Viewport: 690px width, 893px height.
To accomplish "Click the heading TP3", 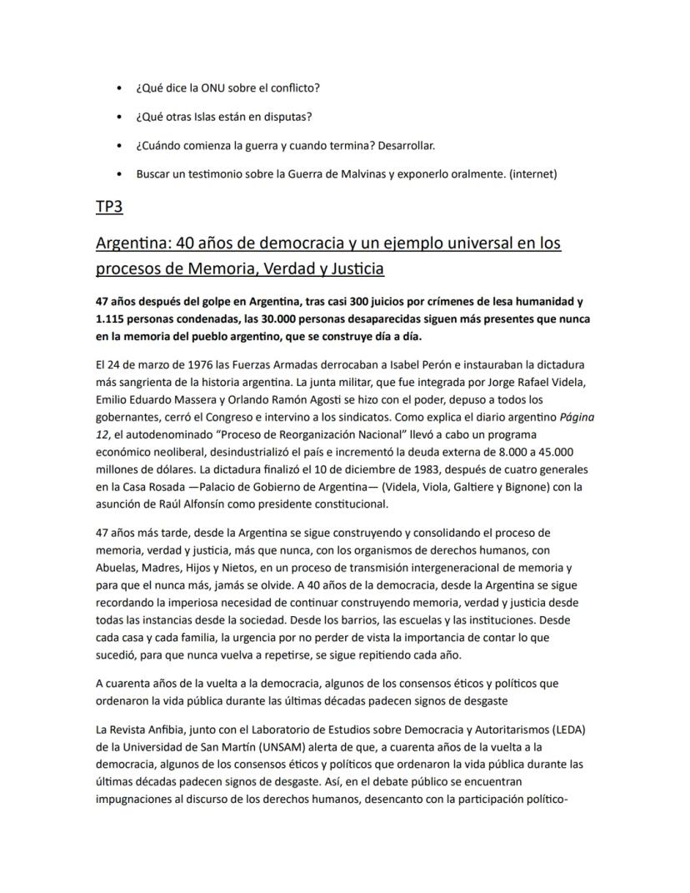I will click(109, 206).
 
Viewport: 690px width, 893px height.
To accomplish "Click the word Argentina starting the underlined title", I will click(133, 243).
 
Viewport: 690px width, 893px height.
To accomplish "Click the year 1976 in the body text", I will click(193, 364).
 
